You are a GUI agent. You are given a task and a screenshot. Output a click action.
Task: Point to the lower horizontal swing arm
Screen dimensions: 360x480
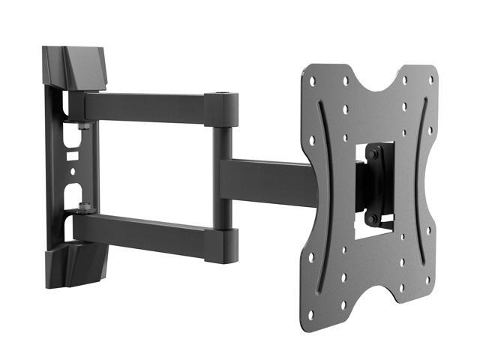[142, 232]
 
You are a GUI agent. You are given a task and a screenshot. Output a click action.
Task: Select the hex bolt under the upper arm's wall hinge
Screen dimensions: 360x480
[83, 125]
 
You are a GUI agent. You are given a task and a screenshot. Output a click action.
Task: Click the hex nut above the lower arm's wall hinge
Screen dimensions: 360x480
[83, 206]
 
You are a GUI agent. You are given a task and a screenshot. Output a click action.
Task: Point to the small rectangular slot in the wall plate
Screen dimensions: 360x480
[73, 158]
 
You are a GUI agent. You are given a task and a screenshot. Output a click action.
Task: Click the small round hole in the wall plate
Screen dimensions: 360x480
[73, 171]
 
